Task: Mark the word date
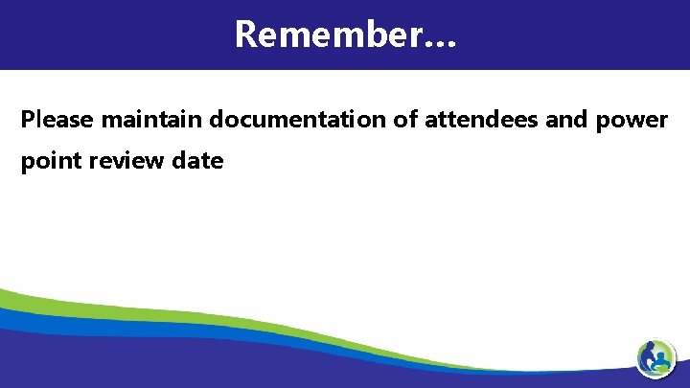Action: coord(197,161)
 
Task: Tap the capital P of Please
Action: coord(28,120)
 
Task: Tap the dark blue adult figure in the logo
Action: coord(651,354)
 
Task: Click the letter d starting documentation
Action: coord(217,120)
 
